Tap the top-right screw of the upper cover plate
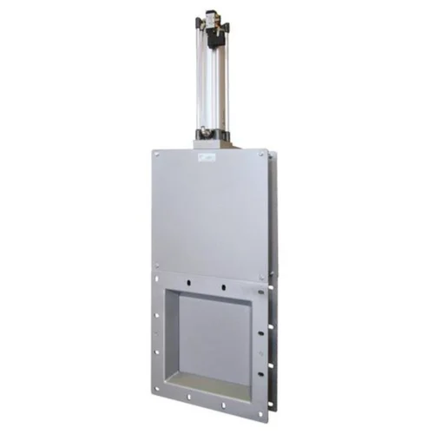point(261,155)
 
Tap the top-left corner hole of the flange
point(156,279)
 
